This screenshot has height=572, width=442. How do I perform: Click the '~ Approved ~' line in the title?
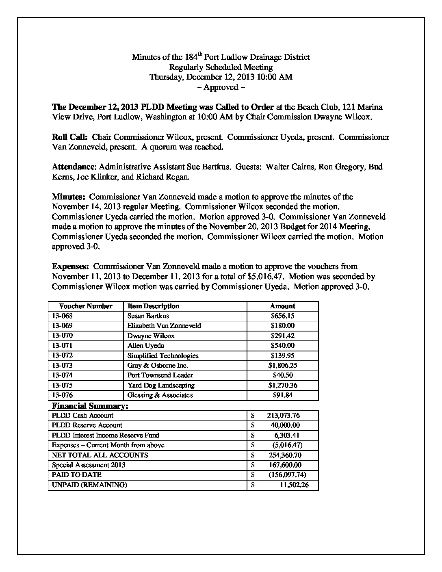pos(221,87)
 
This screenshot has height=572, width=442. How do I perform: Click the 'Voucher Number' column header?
pos(85,306)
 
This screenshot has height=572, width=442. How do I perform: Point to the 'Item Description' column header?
pos(153,306)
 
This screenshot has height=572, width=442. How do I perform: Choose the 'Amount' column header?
pos(282,306)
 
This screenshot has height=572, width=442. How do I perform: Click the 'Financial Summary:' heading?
pos(90,406)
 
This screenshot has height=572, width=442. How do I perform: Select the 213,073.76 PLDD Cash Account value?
pos(283,416)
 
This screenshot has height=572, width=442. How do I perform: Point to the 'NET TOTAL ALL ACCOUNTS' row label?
pos(100,455)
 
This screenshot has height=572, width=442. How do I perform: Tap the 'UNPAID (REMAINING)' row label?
pos(89,485)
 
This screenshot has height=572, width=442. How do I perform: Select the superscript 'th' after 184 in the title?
pos(200,54)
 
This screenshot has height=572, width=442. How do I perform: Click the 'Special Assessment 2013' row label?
pos(89,465)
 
